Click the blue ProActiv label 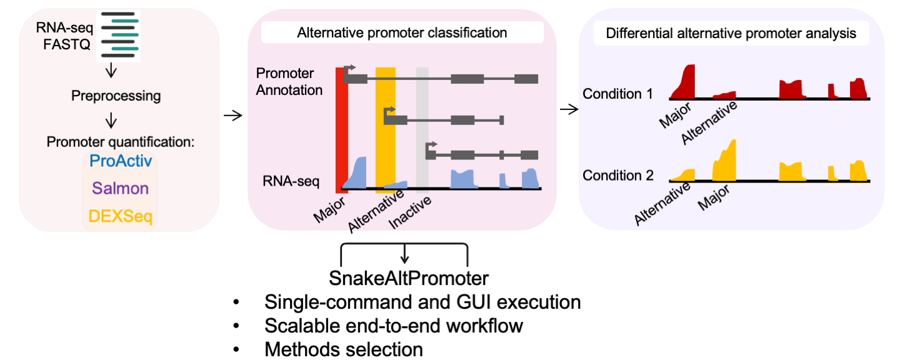tap(121, 161)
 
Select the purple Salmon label tap(120, 188)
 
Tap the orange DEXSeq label tap(120, 216)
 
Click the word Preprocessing tap(116, 96)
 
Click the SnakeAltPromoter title tap(408, 277)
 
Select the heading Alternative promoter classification tap(402, 32)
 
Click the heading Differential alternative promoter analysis tap(731, 33)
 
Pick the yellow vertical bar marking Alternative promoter tap(385, 125)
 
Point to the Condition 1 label tap(617, 94)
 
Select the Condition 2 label tap(617, 175)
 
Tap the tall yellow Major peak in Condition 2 tap(726, 161)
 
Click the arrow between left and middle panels tap(232, 115)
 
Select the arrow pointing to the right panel tap(568, 109)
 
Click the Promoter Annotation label tap(289, 82)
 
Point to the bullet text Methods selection tap(344, 349)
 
